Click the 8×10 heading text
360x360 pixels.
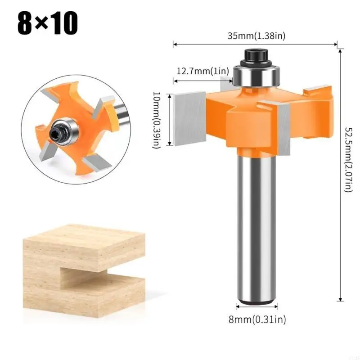pyautogui.click(x=48, y=23)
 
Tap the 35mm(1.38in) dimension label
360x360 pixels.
pyautogui.click(x=256, y=36)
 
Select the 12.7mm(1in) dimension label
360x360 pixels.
pyautogui.click(x=203, y=71)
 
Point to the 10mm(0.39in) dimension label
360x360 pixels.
pyautogui.click(x=157, y=120)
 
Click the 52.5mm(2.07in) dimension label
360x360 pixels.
pyautogui.click(x=348, y=160)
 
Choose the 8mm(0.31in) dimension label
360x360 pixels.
pyautogui.click(x=257, y=319)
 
